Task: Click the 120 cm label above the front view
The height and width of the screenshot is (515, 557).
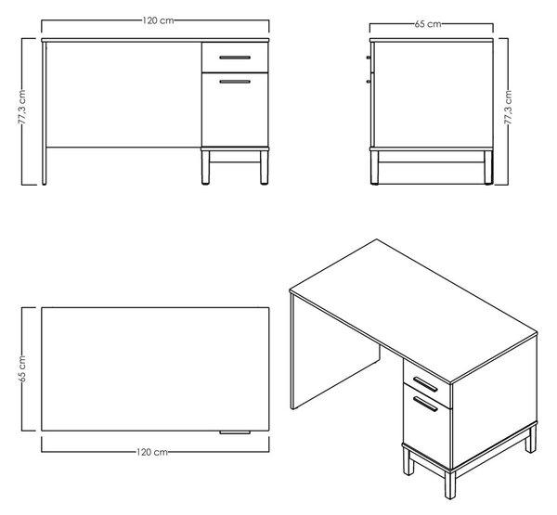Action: [158, 20]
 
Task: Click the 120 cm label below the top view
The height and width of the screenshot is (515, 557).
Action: [151, 452]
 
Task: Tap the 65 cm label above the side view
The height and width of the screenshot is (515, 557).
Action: [428, 24]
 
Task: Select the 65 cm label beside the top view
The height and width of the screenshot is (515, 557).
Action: [22, 368]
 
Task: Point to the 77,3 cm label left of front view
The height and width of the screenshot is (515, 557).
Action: [22, 107]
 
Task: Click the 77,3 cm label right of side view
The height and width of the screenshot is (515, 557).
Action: [508, 108]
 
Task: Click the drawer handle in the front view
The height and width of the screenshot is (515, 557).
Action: [235, 58]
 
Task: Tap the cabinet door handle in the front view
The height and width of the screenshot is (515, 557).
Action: [235, 82]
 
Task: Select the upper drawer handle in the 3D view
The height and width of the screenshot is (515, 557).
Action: [425, 384]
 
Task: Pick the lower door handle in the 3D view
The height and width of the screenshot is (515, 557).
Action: [425, 403]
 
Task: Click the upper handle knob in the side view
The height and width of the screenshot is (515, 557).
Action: [369, 57]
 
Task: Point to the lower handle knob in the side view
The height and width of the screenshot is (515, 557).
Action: [369, 82]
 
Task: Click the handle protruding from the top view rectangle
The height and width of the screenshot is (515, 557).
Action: [235, 432]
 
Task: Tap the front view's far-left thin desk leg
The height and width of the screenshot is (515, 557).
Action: [44, 113]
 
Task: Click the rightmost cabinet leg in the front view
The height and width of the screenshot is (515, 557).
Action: [264, 167]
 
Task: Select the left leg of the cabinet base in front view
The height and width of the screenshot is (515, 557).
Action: [205, 167]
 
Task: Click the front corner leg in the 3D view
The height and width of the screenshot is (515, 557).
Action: [449, 484]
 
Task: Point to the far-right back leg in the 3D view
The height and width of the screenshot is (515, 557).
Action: [531, 439]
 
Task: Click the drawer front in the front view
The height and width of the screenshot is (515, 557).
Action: [235, 58]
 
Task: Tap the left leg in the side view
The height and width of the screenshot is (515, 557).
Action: [374, 167]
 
